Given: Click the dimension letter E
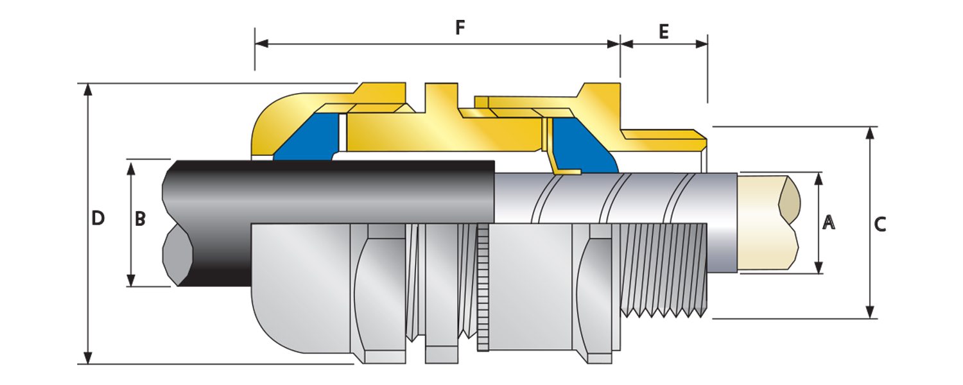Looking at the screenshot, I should (x=664, y=31).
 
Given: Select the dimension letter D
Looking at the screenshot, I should (x=98, y=218).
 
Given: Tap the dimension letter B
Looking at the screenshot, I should (x=140, y=219).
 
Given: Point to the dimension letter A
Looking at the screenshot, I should (x=829, y=223).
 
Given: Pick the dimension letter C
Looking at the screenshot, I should (x=880, y=224).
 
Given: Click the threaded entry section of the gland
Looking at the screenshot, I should (x=661, y=269).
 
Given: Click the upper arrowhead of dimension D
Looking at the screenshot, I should (x=89, y=89).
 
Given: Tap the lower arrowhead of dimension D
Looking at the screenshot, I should (x=89, y=358).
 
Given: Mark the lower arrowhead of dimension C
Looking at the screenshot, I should (x=870, y=312).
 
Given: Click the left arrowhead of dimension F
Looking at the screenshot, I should (x=261, y=44).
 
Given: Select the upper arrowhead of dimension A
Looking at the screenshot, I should (x=819, y=178).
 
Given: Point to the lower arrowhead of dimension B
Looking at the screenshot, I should (x=131, y=280).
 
